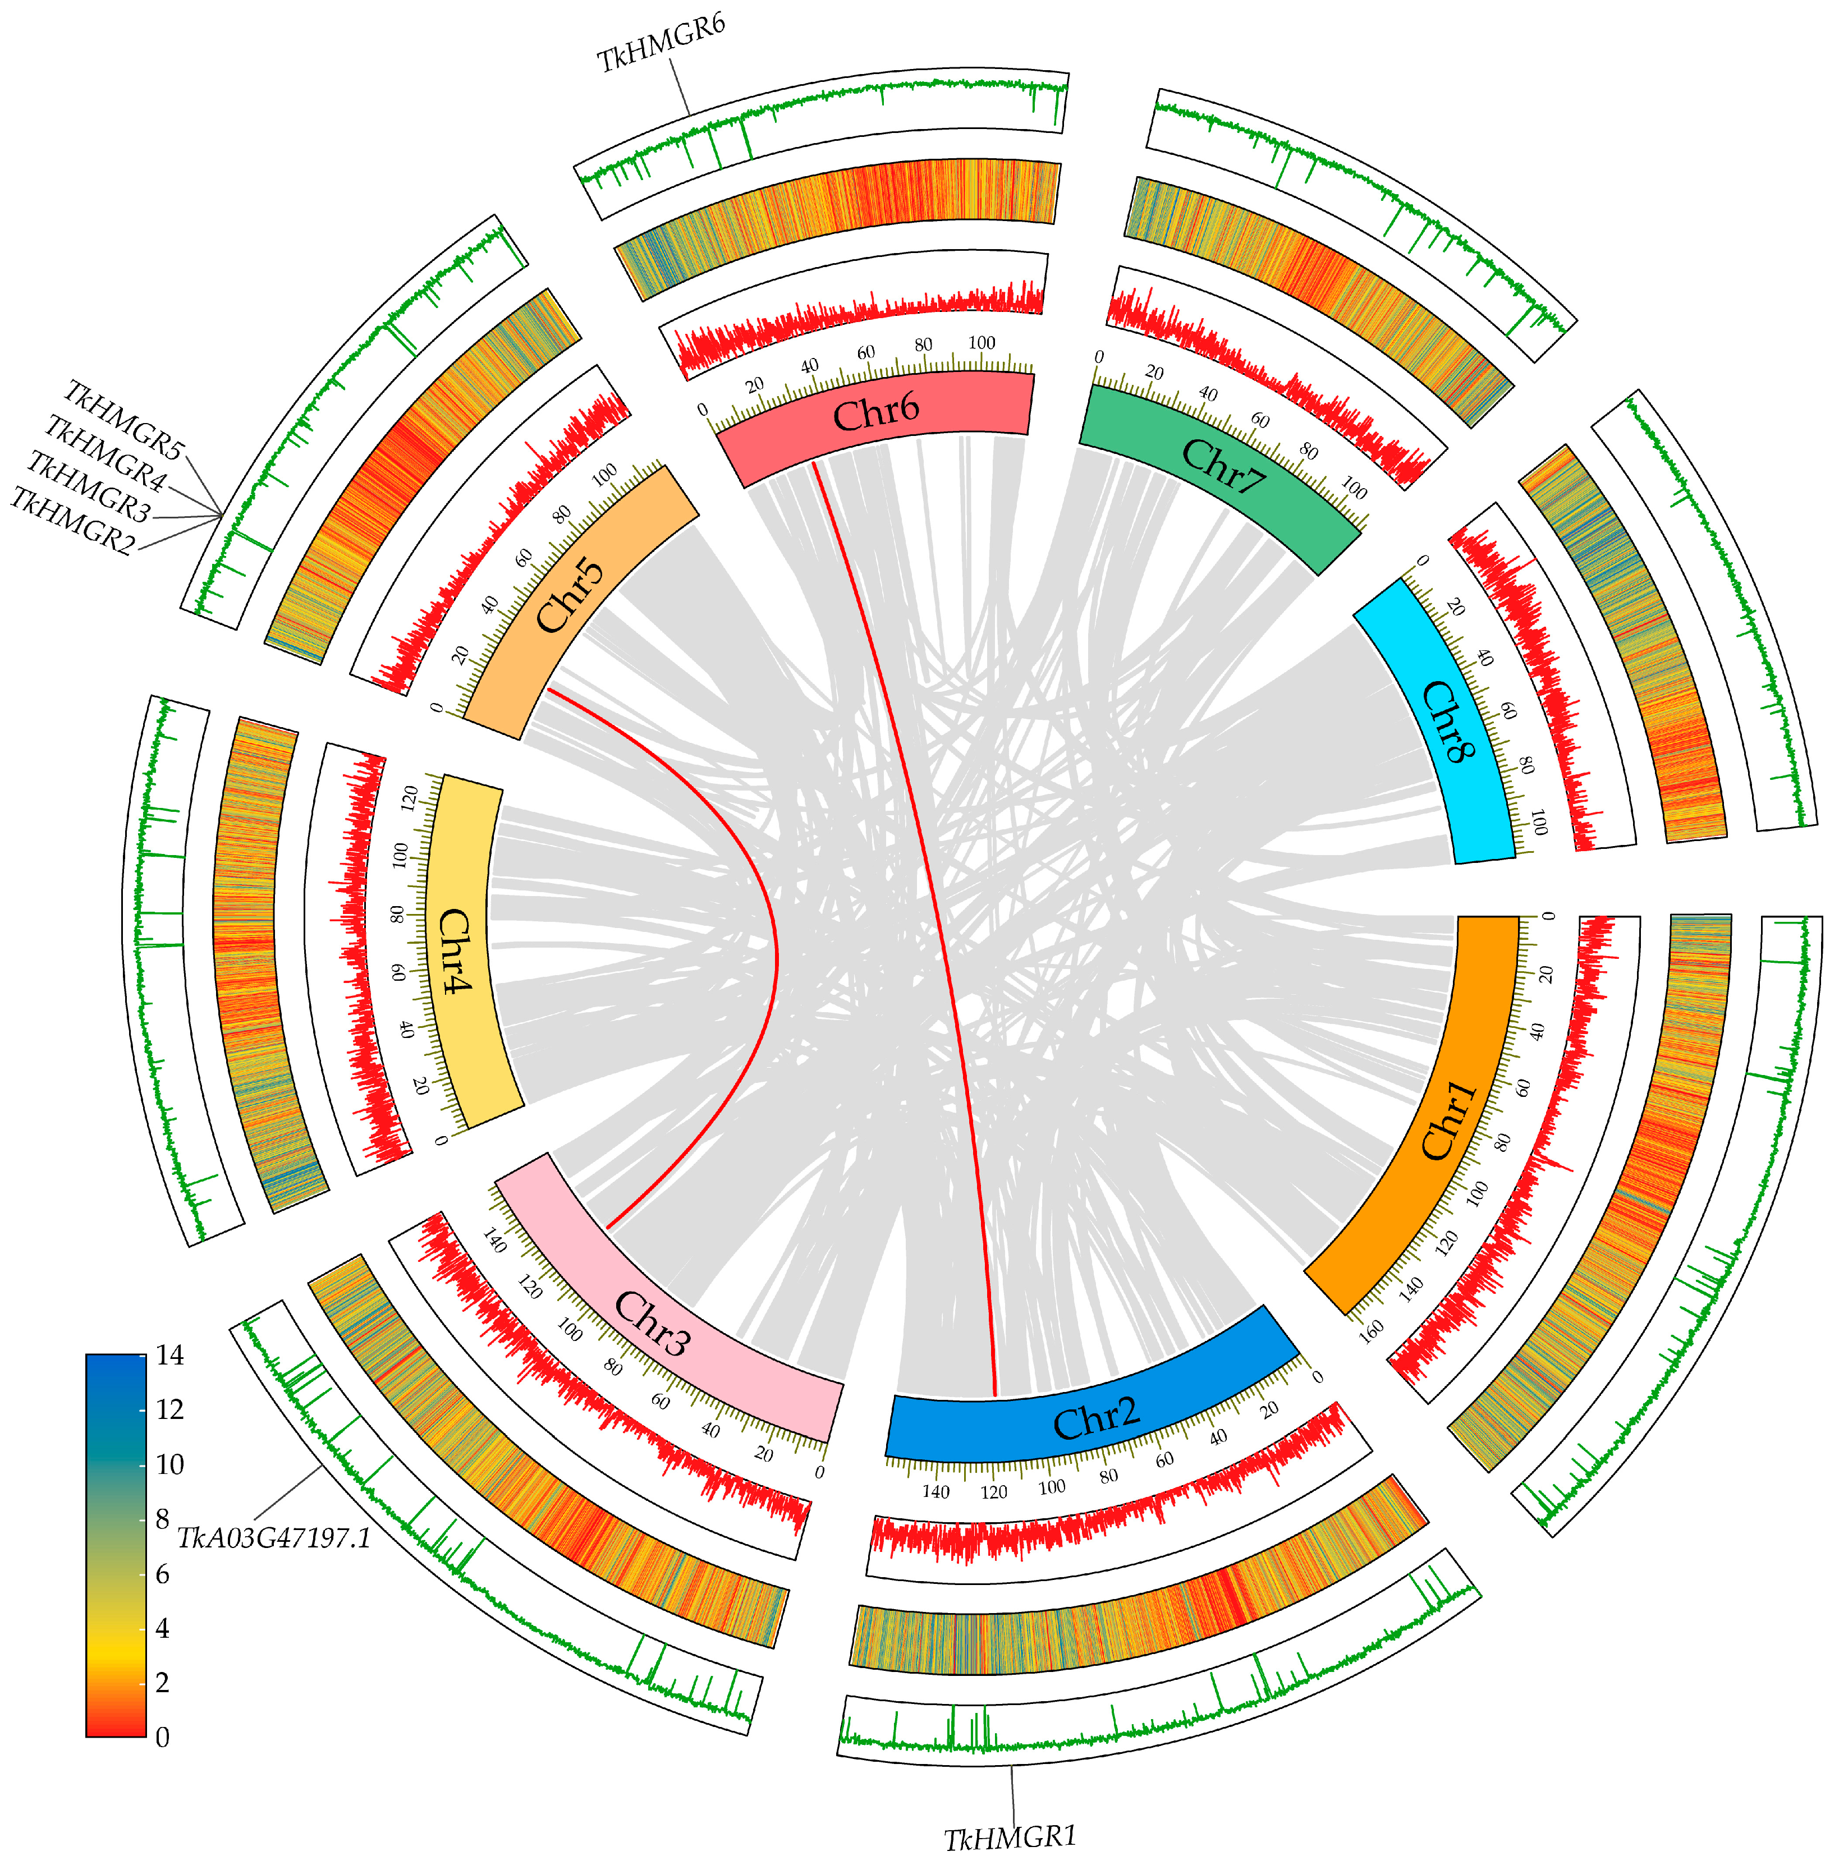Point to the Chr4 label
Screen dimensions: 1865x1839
pyautogui.click(x=456, y=951)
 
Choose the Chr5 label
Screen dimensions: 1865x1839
pyautogui.click(x=570, y=596)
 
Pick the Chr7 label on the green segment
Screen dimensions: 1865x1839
pyautogui.click(x=1222, y=466)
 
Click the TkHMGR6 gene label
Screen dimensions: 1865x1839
pyautogui.click(x=661, y=43)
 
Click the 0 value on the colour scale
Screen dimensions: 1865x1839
pyautogui.click(x=162, y=1737)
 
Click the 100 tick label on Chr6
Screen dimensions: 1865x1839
pyautogui.click(x=981, y=343)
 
